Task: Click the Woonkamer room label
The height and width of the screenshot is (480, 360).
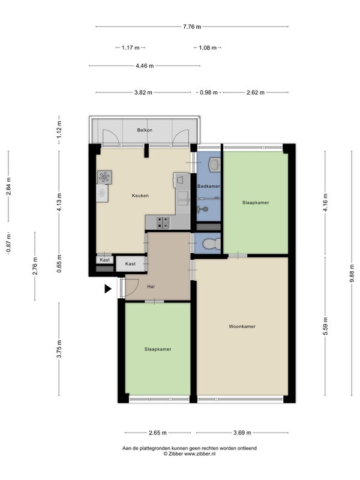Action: (242, 326)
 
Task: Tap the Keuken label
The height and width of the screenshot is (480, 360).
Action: (140, 196)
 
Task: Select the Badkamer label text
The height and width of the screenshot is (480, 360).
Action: (208, 186)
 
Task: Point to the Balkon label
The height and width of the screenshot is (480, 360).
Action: (145, 130)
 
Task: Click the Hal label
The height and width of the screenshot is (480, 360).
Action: (151, 287)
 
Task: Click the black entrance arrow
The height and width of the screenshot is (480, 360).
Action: (108, 289)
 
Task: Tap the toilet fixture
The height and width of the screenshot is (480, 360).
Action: (212, 244)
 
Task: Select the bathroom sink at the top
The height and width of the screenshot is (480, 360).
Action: (214, 164)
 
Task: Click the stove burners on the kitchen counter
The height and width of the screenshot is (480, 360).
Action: (163, 223)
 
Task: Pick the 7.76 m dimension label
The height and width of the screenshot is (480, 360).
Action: (192, 26)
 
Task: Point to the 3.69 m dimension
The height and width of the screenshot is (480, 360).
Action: (242, 433)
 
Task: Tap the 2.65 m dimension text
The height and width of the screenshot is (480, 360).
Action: (158, 433)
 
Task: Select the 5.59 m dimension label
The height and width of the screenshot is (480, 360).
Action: (325, 326)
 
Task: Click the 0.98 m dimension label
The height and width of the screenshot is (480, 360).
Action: (209, 92)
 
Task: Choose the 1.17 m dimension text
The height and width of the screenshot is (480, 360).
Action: (130, 48)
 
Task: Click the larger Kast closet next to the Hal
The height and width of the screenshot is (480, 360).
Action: (131, 264)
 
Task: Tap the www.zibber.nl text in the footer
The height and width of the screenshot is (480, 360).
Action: (200, 454)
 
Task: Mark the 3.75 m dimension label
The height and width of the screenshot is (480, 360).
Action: (59, 349)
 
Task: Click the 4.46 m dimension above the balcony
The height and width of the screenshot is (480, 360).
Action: (145, 66)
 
